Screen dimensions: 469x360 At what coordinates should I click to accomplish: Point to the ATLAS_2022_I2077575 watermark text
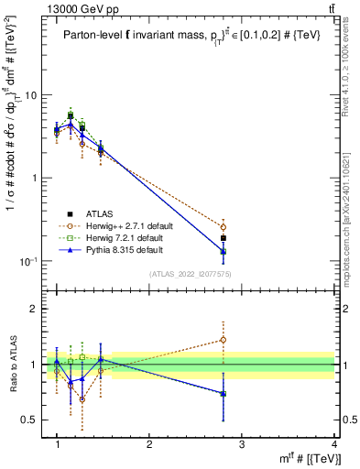click(190, 274)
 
